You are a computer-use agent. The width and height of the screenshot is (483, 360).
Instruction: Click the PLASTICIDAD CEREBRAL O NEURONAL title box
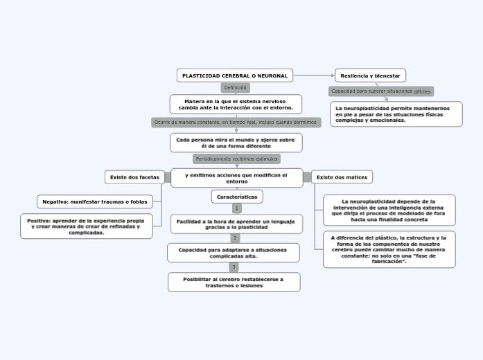pos(235,75)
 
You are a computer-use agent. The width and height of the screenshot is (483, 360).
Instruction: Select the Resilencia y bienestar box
pos(370,75)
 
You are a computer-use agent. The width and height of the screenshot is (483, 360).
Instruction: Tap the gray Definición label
pos(235,88)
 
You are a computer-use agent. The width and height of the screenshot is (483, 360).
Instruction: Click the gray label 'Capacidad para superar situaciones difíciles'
pos(380,91)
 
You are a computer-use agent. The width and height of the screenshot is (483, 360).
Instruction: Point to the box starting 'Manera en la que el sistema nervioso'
pos(236,105)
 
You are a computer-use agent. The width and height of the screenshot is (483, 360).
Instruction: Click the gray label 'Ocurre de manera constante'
pos(236,123)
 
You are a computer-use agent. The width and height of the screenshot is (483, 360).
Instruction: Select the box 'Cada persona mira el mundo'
pos(236,143)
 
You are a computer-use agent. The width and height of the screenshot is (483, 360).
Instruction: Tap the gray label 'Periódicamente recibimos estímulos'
pos(236,159)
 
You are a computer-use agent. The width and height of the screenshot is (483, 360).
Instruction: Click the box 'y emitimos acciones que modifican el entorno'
pos(236,178)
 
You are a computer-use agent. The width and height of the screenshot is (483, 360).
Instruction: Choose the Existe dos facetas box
pos(134,177)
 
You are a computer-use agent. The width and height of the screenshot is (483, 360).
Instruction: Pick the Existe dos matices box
pos(342,177)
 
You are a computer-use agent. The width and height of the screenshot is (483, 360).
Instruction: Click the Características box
pos(236,197)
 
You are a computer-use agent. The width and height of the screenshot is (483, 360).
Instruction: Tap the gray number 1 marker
pos(236,208)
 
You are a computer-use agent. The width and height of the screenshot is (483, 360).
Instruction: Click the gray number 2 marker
pos(235,238)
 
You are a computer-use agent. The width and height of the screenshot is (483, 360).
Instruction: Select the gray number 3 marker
pos(234,267)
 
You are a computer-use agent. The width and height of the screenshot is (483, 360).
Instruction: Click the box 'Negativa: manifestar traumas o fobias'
pos(94,201)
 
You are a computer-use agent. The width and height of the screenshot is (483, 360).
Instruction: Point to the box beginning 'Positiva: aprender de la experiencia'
pos(86,226)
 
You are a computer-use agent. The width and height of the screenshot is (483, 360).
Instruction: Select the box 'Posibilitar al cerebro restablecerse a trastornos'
pos(234,282)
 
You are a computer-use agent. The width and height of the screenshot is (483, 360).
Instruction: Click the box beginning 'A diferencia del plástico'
pos(389,249)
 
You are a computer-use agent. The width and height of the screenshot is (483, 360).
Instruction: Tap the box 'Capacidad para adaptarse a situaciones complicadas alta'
pos(233,253)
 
